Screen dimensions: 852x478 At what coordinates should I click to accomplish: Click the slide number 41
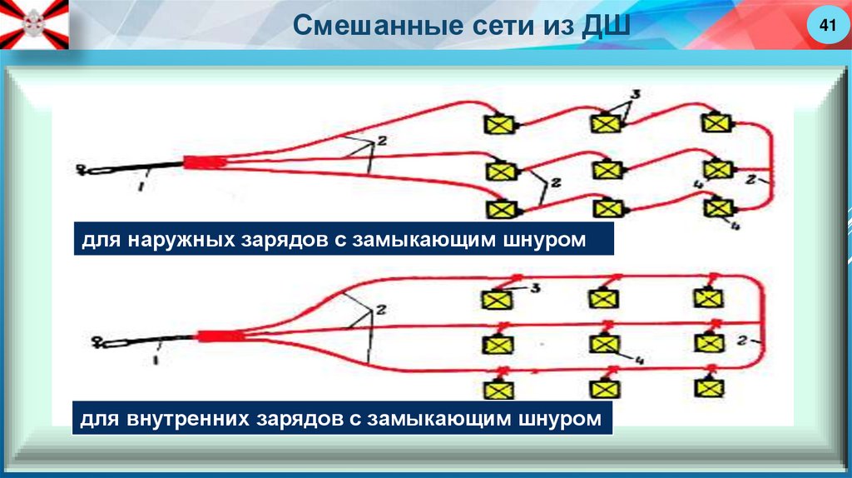(x=827, y=27)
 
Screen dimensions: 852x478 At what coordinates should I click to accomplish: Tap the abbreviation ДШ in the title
(x=605, y=26)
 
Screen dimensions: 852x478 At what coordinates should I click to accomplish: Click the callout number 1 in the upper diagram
(x=142, y=188)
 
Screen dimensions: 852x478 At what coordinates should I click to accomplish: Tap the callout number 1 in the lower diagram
(x=156, y=360)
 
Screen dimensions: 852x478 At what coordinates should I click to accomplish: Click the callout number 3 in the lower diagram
(x=536, y=287)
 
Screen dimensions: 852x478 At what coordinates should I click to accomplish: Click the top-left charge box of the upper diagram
(x=500, y=124)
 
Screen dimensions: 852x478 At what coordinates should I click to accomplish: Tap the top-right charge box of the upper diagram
(x=715, y=123)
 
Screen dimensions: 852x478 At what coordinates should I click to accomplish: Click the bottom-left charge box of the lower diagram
(x=498, y=389)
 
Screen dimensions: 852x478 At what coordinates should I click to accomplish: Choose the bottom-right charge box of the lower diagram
(x=710, y=387)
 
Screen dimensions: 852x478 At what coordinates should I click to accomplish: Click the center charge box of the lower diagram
(x=605, y=342)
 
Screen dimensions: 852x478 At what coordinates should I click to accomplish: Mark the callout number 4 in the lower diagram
(x=640, y=360)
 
